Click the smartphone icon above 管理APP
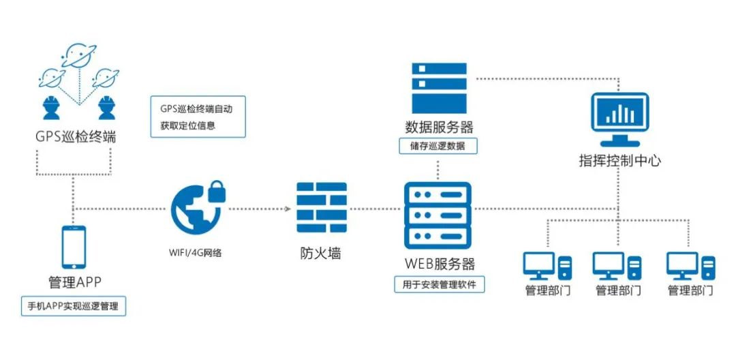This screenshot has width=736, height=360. pyautogui.click(x=74, y=247)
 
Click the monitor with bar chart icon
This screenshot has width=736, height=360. pyautogui.click(x=619, y=119)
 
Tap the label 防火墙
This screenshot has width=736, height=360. pyautogui.click(x=321, y=253)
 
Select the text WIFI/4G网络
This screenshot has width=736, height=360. pyautogui.click(x=196, y=252)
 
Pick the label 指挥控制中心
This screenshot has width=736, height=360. pyautogui.click(x=619, y=162)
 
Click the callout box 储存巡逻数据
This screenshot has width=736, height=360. pyautogui.click(x=440, y=145)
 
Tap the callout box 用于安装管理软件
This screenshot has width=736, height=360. pyautogui.click(x=440, y=284)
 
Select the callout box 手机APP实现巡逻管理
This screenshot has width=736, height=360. pyautogui.click(x=74, y=306)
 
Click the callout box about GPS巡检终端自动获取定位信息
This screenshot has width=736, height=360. pyautogui.click(x=198, y=117)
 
